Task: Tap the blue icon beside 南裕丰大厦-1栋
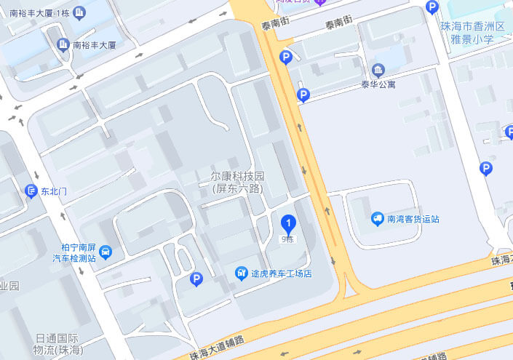click(79, 12)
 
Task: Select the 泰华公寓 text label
click(378, 84)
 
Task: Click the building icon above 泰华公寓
click(378, 71)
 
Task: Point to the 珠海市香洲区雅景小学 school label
click(472, 32)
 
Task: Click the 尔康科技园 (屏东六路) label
click(237, 183)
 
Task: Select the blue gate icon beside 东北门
click(31, 191)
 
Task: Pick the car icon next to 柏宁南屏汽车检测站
click(106, 252)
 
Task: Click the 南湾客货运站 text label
click(413, 218)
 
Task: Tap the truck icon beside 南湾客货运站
click(378, 218)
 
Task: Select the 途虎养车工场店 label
click(282, 273)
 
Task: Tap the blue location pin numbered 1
click(289, 225)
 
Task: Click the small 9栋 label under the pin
click(288, 240)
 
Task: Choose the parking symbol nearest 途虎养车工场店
click(196, 279)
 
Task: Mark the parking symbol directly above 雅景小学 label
click(432, 8)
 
